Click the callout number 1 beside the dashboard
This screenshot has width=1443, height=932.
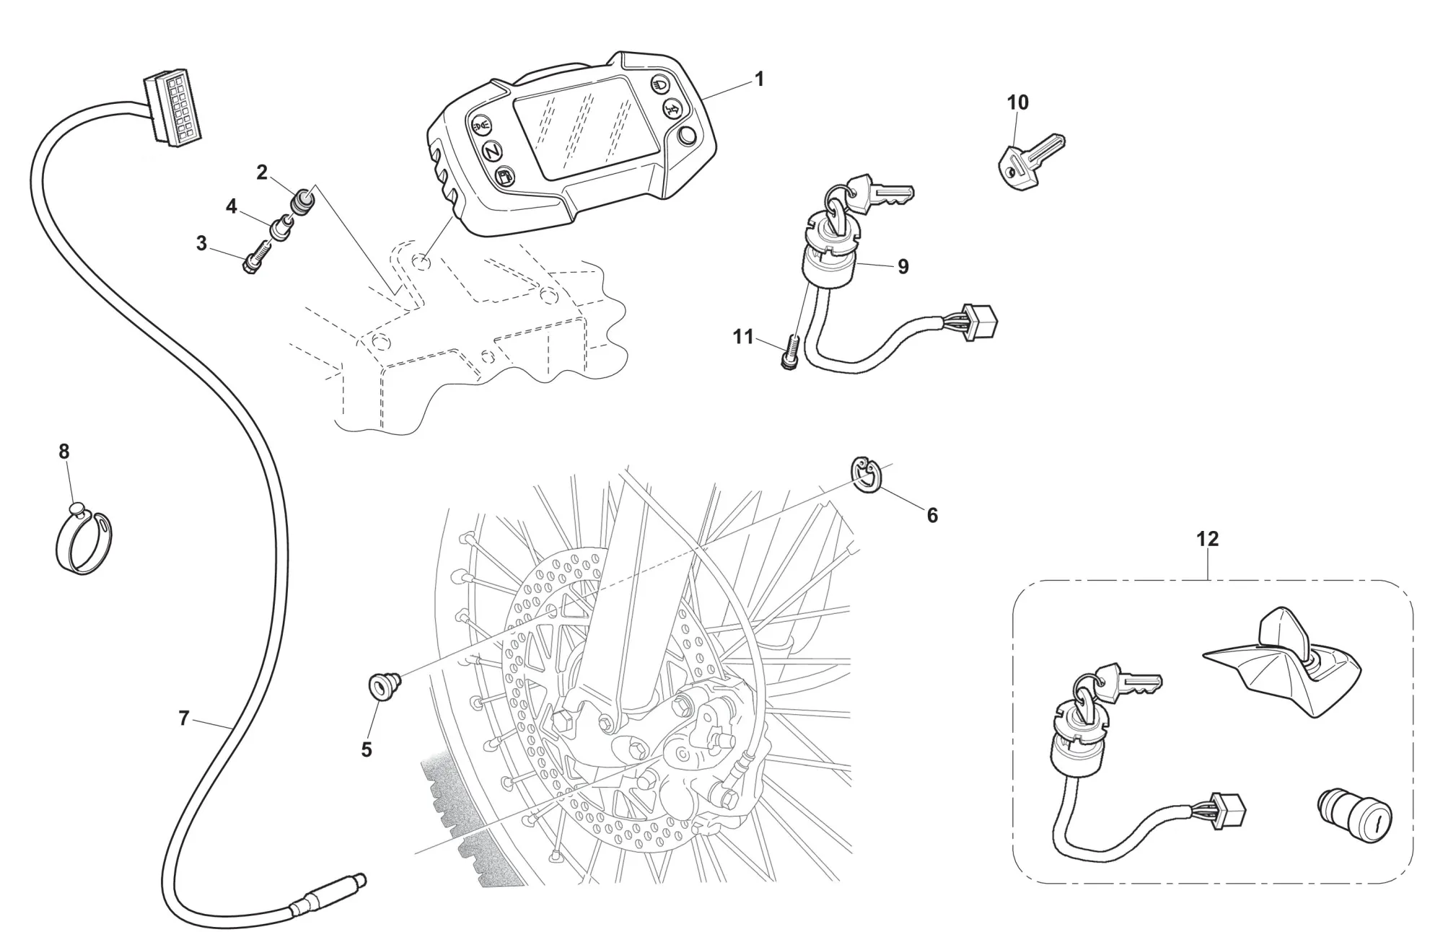click(758, 79)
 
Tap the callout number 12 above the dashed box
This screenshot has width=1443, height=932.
click(1207, 539)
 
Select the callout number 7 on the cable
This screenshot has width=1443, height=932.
click(184, 718)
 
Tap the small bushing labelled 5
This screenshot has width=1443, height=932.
click(382, 685)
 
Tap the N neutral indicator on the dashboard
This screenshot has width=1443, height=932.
click(493, 151)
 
